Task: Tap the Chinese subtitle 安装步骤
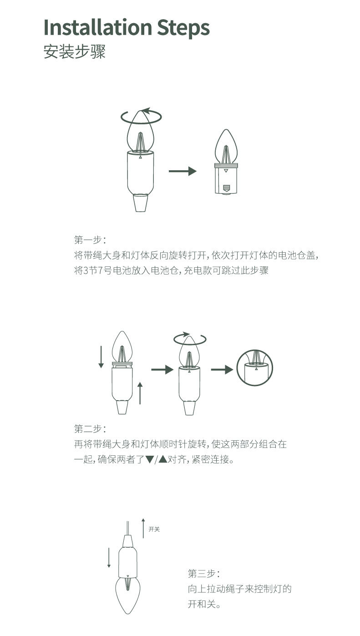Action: [75, 51]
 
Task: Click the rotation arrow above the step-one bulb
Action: [141, 116]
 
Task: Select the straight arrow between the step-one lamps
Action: [182, 171]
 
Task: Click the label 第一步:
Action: [90, 240]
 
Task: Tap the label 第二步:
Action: [90, 429]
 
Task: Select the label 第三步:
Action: [204, 573]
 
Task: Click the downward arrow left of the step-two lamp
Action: [101, 357]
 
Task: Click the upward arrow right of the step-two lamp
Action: [140, 393]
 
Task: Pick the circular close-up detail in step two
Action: [254, 368]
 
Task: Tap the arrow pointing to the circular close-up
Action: [222, 370]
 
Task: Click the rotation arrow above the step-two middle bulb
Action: [190, 339]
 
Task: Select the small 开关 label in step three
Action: [154, 529]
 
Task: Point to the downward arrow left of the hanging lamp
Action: [109, 558]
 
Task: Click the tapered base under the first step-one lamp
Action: [141, 203]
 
